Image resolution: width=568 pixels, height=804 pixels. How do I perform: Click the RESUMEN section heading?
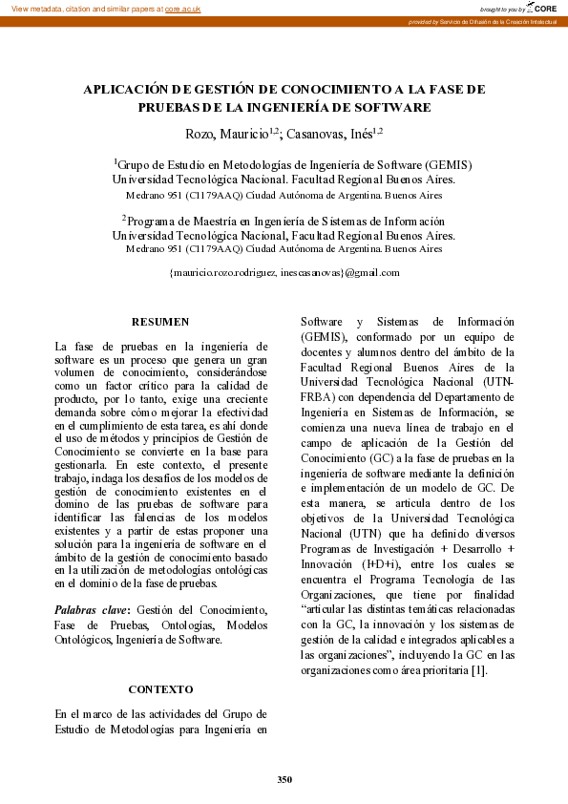click(x=160, y=322)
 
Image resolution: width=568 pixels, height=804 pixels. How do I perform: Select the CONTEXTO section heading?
click(x=160, y=688)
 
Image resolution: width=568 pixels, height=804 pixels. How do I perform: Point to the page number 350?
click(x=284, y=779)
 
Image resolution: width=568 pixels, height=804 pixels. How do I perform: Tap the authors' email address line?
click(x=284, y=272)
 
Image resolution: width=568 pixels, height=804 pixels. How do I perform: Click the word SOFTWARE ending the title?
click(x=392, y=107)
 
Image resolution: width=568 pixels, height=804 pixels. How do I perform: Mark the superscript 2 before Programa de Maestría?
click(x=124, y=218)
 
